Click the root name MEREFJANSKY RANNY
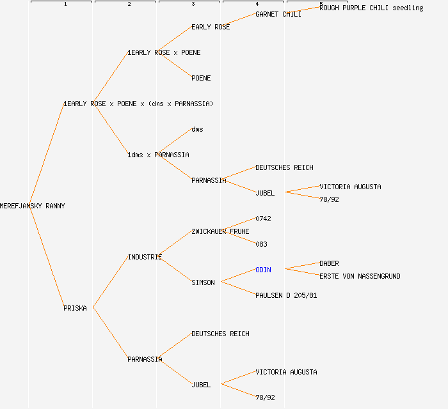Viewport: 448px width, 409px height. coord(32,206)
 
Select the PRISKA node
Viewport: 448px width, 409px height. coord(75,308)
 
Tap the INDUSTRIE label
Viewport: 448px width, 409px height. coord(145,257)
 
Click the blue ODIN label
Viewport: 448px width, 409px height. coord(263,270)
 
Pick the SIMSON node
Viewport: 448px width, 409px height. coord(203,282)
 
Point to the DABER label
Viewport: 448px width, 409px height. coord(329,263)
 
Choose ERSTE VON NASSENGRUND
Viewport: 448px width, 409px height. coord(360,276)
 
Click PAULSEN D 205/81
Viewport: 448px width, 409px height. coord(286,295)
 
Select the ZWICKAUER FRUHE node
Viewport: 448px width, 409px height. coord(220,231)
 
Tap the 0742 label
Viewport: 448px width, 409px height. coord(263,219)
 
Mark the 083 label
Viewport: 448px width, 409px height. coord(261,244)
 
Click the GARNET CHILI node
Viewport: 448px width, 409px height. coord(278,14)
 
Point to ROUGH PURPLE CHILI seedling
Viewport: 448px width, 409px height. coord(371,8)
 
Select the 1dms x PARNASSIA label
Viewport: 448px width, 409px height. coord(158,155)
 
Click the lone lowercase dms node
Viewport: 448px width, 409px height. coord(197,129)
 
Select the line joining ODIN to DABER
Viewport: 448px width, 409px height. coord(302,266)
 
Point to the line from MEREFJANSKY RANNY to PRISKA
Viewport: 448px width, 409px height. coord(46,257)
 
